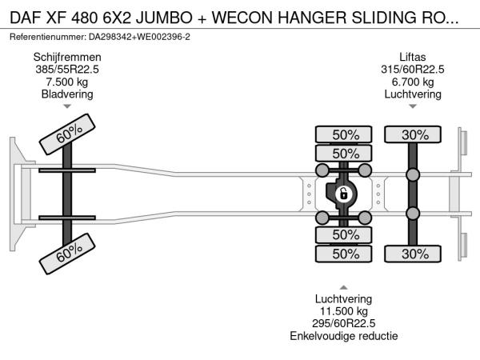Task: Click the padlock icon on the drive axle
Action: [342, 194]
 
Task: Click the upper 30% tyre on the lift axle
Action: [414, 134]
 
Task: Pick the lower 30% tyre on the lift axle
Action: [414, 254]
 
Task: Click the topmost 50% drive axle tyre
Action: [345, 134]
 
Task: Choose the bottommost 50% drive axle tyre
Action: [345, 254]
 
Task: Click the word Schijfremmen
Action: [67, 57]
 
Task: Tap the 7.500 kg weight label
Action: [67, 82]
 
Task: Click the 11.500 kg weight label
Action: [345, 311]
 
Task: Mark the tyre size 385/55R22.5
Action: [67, 70]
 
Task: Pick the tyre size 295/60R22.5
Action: [345, 323]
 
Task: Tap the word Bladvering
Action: [67, 94]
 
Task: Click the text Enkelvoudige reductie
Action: [345, 336]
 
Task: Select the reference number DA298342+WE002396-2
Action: [132, 37]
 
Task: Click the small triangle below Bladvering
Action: [67, 106]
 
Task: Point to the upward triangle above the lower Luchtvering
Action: [345, 286]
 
